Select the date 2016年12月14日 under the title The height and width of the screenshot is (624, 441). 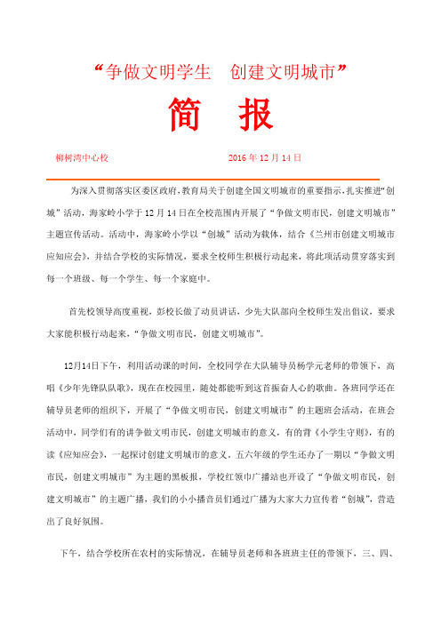[266, 157]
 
